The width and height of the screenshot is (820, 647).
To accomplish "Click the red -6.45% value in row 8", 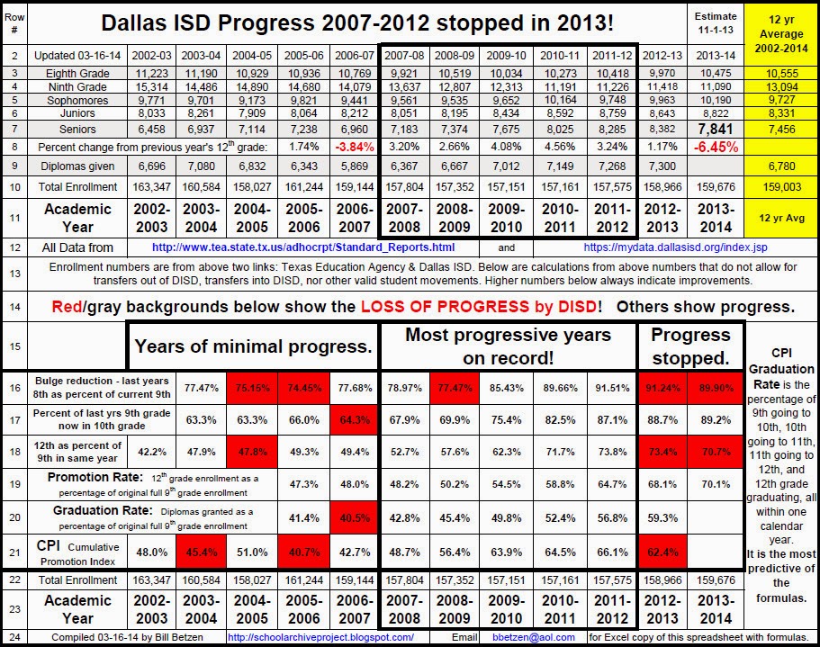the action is point(716,147).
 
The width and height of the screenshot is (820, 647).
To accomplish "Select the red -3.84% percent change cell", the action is point(355,147).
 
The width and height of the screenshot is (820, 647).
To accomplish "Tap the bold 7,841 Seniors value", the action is point(716,129).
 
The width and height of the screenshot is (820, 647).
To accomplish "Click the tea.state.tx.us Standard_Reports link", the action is point(303,247).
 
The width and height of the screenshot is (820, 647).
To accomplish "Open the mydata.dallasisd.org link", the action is point(676,247).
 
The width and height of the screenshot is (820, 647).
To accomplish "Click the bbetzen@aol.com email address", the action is point(534,637).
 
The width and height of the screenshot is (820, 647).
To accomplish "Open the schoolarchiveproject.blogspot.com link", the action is point(320,637).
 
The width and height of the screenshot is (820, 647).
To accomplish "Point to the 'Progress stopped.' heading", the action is point(690,346).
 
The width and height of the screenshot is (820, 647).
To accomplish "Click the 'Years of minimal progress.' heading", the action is point(253,346).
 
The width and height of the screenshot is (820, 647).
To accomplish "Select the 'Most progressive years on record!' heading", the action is point(508,346).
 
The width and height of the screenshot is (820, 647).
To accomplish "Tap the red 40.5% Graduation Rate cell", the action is point(355,518).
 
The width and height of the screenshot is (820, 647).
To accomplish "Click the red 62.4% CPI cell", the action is point(662,552).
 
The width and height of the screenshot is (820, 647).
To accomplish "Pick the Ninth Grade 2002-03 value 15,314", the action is point(151,86).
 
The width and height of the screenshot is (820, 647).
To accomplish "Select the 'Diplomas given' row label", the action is point(77,166).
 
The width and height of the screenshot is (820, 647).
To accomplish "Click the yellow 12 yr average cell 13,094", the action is point(782,86).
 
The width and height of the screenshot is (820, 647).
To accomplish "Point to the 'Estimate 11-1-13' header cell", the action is point(716,23).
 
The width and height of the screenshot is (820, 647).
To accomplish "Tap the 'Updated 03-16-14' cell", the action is point(77,56).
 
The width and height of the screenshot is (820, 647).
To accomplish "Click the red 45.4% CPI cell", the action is point(202,552).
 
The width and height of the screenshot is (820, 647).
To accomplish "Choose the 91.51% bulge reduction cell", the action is point(612,388).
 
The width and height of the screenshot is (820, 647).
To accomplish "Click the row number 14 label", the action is point(14,307).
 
